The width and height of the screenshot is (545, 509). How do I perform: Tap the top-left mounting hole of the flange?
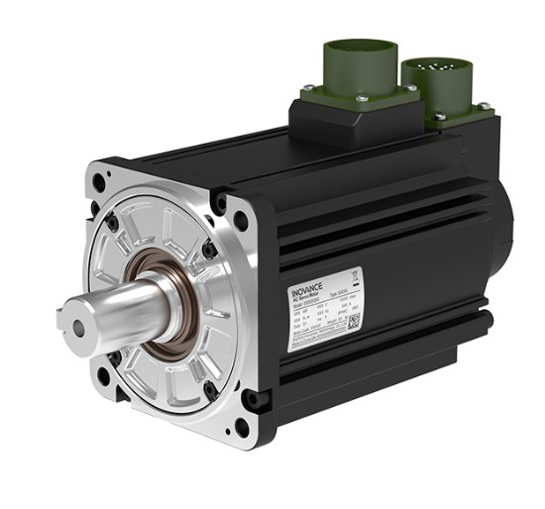coord(103,183)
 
